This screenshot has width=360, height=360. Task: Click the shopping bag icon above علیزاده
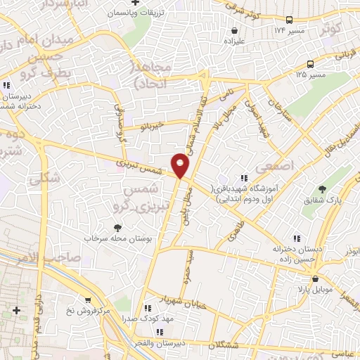235,30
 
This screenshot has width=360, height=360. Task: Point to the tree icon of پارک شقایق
322,189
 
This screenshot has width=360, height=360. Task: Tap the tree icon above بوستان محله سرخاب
117,228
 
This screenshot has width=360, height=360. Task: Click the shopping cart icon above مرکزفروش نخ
86,300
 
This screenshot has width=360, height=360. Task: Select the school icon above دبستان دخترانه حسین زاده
296,238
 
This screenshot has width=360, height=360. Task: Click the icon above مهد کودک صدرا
148,308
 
